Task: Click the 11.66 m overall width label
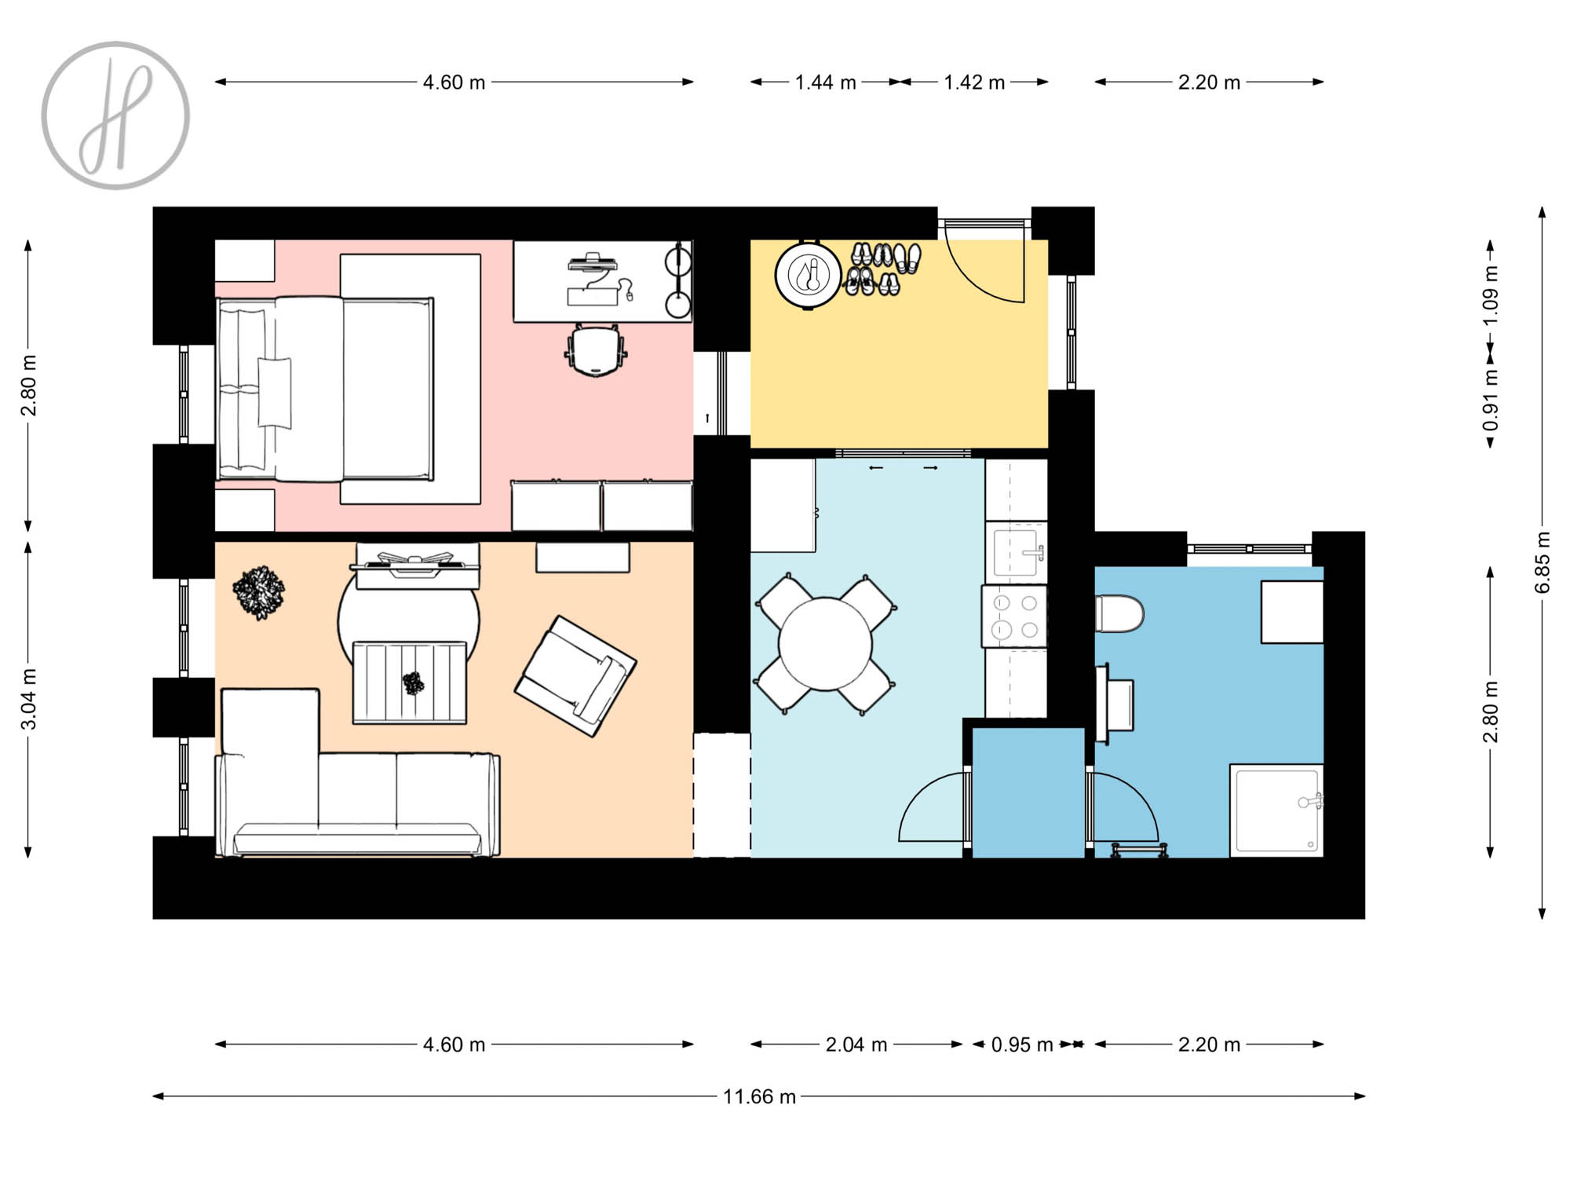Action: coord(759,1096)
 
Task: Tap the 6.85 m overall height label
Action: coord(1543,563)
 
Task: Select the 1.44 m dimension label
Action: coord(825,82)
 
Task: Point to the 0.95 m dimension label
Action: coord(1021,1044)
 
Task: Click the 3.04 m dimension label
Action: coord(28,699)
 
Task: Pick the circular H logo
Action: coord(115,115)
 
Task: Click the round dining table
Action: coord(825,644)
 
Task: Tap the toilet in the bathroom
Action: coord(1119,613)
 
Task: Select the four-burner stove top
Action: coord(1015,616)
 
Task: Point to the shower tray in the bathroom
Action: coord(1276,810)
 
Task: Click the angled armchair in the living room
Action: coord(575,676)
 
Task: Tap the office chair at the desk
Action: coord(596,350)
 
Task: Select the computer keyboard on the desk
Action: coord(593,296)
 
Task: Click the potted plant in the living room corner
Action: coord(258,593)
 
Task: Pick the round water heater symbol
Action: coord(808,276)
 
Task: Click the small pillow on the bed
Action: coord(275,392)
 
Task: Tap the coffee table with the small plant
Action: coord(410,682)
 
